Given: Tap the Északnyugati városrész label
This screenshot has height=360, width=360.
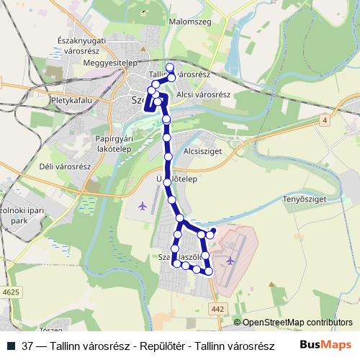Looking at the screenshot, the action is (81, 46).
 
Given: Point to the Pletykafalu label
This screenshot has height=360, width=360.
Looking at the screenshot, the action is (72, 101).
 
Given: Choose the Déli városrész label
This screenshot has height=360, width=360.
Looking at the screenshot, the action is (64, 166).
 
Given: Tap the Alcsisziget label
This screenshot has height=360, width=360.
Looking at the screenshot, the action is (202, 152).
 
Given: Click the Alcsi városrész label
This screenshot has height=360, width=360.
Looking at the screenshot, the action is (203, 94).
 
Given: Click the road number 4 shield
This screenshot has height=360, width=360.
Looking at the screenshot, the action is (325, 120).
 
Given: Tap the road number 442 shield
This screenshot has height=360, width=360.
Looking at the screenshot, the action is (219, 309).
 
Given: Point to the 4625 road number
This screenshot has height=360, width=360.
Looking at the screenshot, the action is (11, 292).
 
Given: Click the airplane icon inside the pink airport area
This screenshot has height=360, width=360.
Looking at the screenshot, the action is (230, 260).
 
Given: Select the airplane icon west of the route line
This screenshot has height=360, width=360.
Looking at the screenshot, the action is (141, 207).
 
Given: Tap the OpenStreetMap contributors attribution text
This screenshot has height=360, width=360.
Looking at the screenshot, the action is (297, 323).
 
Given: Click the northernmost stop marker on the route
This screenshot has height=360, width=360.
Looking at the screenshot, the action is (170, 68).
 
